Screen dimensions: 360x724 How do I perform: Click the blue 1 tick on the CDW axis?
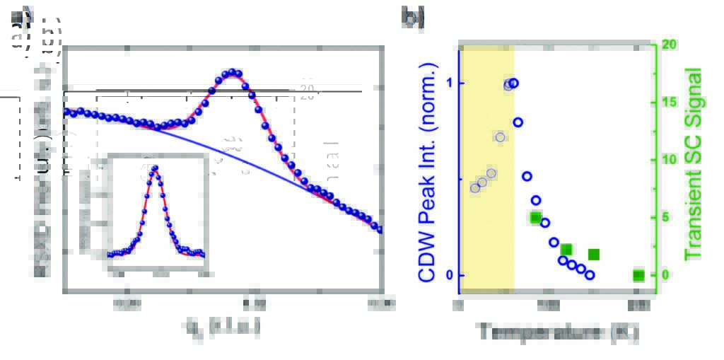[x=450, y=83]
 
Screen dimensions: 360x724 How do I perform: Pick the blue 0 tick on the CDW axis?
[x=450, y=275]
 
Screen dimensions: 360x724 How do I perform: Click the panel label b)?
[x=414, y=16]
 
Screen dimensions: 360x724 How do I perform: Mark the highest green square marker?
[x=536, y=218]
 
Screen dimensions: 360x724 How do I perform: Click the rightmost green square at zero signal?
[x=638, y=275]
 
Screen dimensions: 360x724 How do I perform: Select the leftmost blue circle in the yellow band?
[x=475, y=187]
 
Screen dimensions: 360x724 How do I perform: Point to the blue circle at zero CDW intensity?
[x=590, y=274]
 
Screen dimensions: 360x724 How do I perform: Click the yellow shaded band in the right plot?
[x=486, y=233]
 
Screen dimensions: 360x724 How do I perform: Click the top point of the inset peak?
[x=155, y=168]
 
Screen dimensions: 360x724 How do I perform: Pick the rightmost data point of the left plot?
[x=379, y=229]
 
